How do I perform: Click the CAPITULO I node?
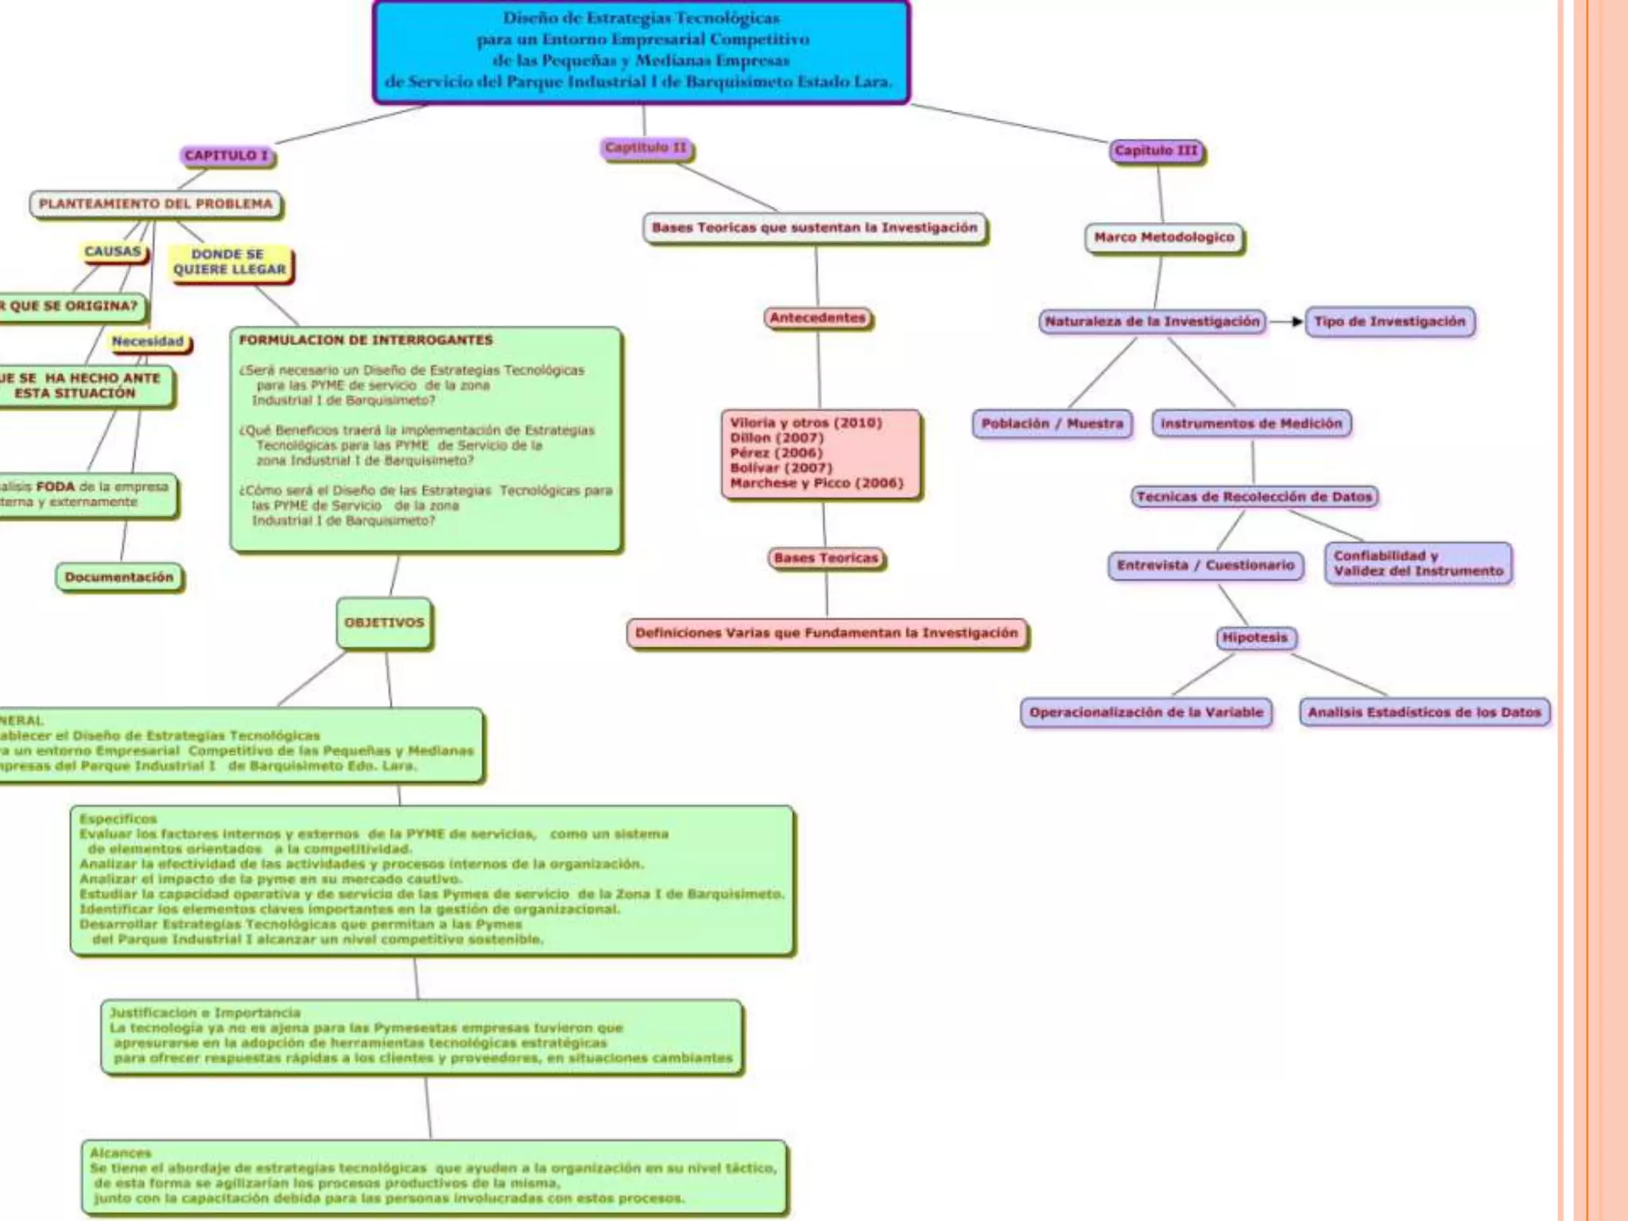coord(227,155)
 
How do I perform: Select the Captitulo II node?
coord(645,148)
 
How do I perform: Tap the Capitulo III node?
coord(1157,150)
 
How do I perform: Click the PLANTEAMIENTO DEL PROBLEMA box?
coord(156,204)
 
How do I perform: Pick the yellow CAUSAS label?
coord(113,251)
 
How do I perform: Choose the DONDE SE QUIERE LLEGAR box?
coord(230,262)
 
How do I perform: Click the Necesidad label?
coord(148,342)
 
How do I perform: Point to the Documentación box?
coord(119,577)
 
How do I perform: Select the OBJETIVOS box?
coord(385,622)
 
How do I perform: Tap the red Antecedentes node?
coord(818,318)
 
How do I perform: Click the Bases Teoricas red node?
coord(826,558)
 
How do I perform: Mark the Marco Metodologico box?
coord(1165,238)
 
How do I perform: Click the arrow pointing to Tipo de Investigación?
coord(1286,322)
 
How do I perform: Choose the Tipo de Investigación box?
coord(1390,322)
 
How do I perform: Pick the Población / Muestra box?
coord(1052,424)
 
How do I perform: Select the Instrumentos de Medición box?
coord(1251,424)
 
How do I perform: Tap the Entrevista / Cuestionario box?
coord(1206,565)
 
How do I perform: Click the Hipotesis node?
coord(1255,638)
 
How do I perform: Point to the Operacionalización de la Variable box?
coord(1146,712)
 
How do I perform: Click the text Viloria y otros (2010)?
coord(806,423)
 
